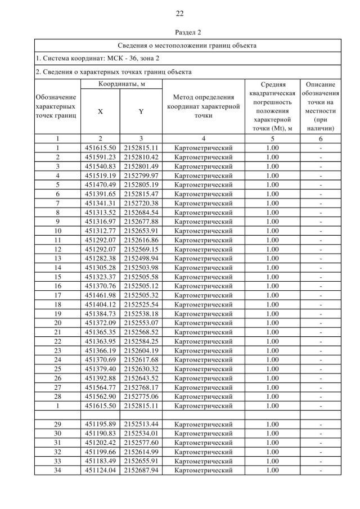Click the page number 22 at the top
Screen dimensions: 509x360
click(x=179, y=13)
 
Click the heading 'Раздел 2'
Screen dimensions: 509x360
click(x=179, y=33)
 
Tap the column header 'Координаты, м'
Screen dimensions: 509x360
click(x=119, y=84)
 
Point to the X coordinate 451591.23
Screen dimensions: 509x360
click(x=100, y=157)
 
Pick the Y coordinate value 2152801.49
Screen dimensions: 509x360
click(x=141, y=166)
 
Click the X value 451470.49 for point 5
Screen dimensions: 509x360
click(x=100, y=184)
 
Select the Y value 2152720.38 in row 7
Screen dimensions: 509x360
click(x=141, y=203)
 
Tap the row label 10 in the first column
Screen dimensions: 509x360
click(x=57, y=231)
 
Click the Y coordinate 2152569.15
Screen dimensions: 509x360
click(x=141, y=249)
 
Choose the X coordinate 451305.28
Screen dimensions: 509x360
click(x=100, y=267)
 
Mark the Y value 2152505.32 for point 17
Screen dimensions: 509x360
click(x=141, y=295)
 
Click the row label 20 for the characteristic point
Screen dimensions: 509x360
click(x=57, y=322)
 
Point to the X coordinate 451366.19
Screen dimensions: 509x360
click(x=100, y=350)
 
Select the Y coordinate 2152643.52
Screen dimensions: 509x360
click(x=141, y=377)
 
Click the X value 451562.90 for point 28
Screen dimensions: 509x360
click(x=100, y=396)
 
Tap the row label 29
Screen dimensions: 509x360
click(x=57, y=424)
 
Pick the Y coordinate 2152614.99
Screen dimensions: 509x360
click(x=141, y=452)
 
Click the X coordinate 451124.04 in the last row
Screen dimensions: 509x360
click(x=100, y=470)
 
